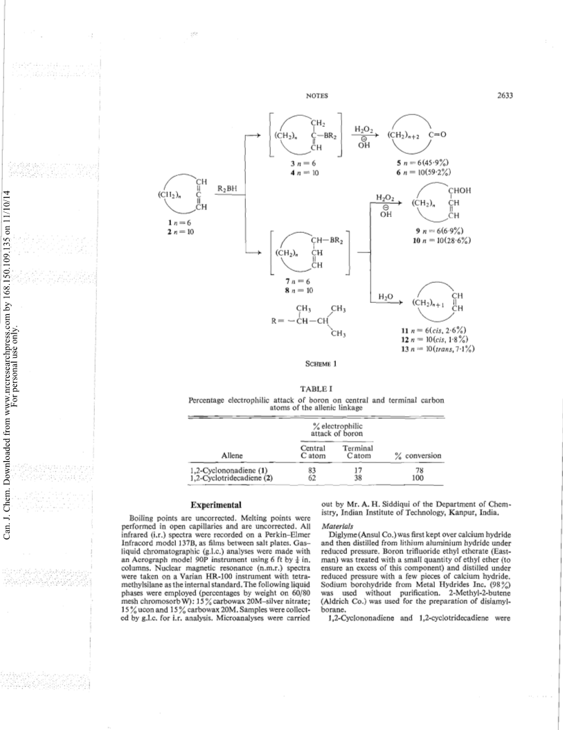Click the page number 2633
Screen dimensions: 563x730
coord(504,96)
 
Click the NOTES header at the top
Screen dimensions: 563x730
coord(317,96)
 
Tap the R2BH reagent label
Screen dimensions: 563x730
coord(227,189)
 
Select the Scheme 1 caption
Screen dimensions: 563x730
coord(321,363)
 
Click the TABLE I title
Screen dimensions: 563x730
coord(316,389)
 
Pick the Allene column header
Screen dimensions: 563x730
coord(232,455)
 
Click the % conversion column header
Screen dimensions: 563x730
coord(418,455)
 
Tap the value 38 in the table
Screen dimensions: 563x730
coord(357,477)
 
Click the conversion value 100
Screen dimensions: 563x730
coord(418,477)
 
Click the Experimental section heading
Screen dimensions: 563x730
coord(216,505)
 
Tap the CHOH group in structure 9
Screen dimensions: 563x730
coord(459,191)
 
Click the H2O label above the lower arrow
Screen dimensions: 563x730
coord(386,297)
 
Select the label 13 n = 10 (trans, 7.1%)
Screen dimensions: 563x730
coord(438,349)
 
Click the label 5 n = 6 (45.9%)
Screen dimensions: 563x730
coord(422,163)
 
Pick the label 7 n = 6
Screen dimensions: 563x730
coord(298,281)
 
